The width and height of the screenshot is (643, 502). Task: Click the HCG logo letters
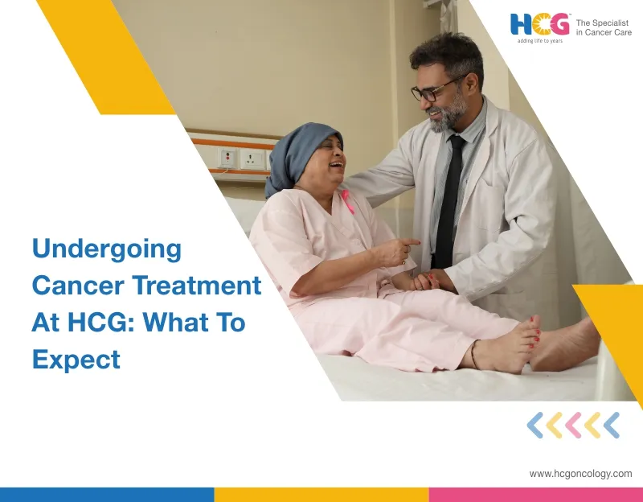click(x=540, y=24)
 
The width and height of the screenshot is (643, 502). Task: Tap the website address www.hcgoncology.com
click(x=580, y=474)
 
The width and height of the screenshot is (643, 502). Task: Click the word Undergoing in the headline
click(x=107, y=249)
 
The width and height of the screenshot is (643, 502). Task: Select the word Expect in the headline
click(x=76, y=359)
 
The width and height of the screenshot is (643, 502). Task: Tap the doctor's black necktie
click(x=448, y=201)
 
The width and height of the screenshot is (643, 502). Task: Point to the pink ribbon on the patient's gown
click(x=348, y=201)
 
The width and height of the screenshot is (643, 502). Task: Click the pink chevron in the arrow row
click(x=573, y=425)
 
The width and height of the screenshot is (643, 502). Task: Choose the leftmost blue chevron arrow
click(x=534, y=425)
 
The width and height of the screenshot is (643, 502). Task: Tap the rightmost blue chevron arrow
click(x=612, y=425)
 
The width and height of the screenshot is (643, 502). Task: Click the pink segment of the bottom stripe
click(x=535, y=494)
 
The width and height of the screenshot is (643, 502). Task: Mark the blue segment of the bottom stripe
click(x=107, y=494)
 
